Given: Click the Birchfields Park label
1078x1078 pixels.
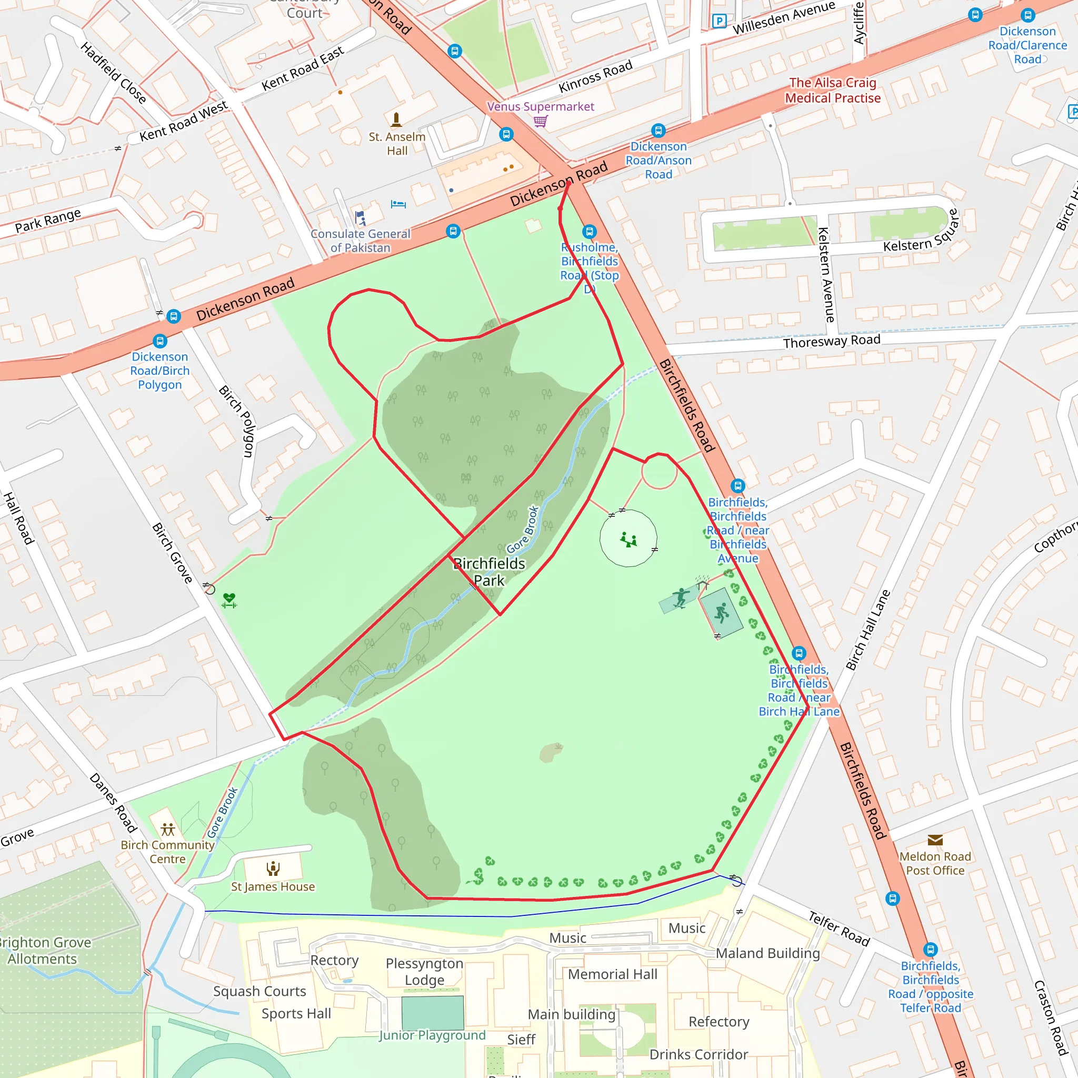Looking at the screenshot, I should point(490,572).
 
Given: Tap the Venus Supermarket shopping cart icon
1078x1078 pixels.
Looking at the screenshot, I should point(540,121).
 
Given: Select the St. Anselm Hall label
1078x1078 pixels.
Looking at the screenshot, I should point(397,143).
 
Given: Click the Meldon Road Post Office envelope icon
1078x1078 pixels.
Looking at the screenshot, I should point(935,840).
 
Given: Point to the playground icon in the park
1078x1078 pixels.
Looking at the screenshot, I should point(629,540).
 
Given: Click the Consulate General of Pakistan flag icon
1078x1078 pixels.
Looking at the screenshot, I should point(361,217).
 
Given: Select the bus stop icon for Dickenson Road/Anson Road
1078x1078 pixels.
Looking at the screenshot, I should point(658,131).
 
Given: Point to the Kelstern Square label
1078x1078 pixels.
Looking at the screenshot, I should point(921,232).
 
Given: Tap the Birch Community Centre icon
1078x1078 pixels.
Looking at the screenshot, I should point(167,829).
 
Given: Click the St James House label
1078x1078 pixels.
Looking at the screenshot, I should point(273,886).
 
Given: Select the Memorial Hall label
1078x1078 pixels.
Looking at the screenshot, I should point(613,974).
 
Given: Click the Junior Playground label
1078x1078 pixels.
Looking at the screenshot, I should point(433,1035).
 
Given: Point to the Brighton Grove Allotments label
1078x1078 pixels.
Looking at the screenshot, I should point(44,951).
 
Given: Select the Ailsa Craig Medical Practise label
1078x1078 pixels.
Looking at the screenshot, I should point(833,91).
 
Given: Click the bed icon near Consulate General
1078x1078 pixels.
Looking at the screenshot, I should point(398,204).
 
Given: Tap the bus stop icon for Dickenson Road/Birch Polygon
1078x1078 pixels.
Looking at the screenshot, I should point(160,341).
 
